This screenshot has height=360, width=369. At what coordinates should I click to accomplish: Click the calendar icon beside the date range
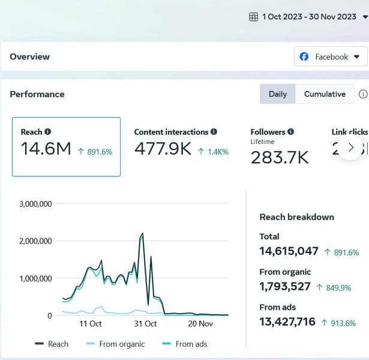click(254, 17)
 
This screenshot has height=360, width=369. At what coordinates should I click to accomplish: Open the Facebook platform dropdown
click(331, 57)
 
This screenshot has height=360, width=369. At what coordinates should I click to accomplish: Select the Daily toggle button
click(277, 94)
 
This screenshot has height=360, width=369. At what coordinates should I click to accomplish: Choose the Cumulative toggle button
click(325, 94)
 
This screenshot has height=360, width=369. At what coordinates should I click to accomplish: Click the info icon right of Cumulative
click(362, 94)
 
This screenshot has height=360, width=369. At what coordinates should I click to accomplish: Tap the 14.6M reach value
click(46, 149)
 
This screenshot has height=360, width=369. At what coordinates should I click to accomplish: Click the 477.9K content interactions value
click(163, 149)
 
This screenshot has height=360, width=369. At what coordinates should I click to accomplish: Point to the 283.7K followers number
click(280, 157)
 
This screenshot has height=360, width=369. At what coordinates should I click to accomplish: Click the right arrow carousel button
click(351, 148)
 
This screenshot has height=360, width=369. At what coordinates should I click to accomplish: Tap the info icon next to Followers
click(290, 132)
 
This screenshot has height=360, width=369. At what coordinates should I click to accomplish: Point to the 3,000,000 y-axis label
click(35, 204)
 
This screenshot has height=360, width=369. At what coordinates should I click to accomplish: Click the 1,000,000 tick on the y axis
click(35, 278)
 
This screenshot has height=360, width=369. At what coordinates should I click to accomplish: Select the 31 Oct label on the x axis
click(145, 324)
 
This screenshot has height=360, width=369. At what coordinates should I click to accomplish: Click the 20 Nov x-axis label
click(200, 324)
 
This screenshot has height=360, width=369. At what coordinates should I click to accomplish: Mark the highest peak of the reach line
click(142, 233)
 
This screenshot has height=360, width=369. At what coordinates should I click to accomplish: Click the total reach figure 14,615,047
click(289, 251)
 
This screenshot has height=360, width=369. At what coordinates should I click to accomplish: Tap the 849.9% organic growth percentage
click(338, 288)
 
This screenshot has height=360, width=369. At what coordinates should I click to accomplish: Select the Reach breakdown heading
click(296, 217)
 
